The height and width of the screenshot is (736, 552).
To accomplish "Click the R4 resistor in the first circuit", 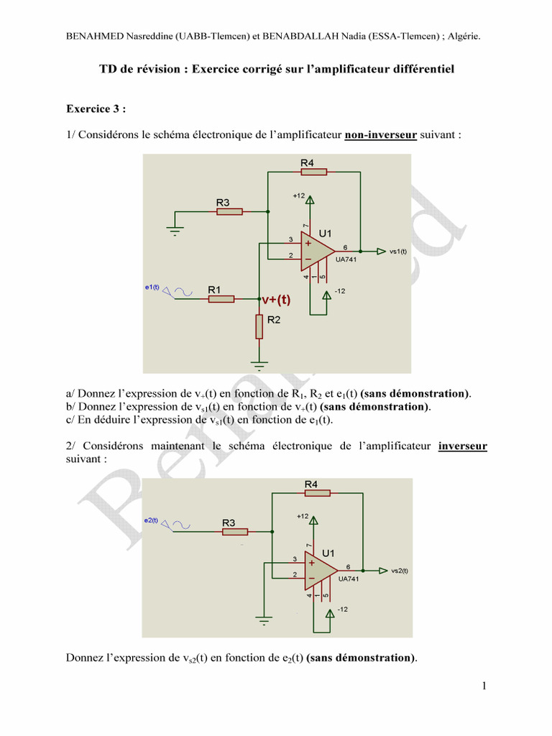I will (x=314, y=172).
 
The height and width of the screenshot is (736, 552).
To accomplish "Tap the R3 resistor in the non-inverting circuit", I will (x=229, y=211).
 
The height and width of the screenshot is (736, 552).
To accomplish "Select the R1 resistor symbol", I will (x=221, y=298).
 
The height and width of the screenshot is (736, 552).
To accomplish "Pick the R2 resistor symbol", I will (x=259, y=326).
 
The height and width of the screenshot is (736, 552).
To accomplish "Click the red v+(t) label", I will (x=276, y=300).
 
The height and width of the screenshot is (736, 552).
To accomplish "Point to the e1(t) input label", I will (x=152, y=287).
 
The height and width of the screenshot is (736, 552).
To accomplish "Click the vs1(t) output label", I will (x=398, y=251).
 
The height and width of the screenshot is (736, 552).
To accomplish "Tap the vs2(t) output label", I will (x=399, y=571).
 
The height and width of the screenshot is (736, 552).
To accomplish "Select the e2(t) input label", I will (x=152, y=520).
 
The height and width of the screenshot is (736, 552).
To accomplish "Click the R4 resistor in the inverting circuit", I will (x=317, y=493).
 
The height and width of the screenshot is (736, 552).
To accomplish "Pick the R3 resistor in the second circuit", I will (x=235, y=531).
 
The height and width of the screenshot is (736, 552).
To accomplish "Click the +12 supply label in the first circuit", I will (x=299, y=195).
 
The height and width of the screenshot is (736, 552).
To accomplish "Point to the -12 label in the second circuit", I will (x=343, y=609).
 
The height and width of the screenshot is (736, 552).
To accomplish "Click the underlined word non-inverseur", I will (x=381, y=134).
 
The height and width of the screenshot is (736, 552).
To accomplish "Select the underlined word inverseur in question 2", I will (x=462, y=446).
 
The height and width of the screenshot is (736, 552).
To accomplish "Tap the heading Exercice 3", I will (x=96, y=109).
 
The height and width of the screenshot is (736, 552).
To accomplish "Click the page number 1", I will (x=484, y=686).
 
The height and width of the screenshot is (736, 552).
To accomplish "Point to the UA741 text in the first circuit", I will (x=346, y=259).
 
